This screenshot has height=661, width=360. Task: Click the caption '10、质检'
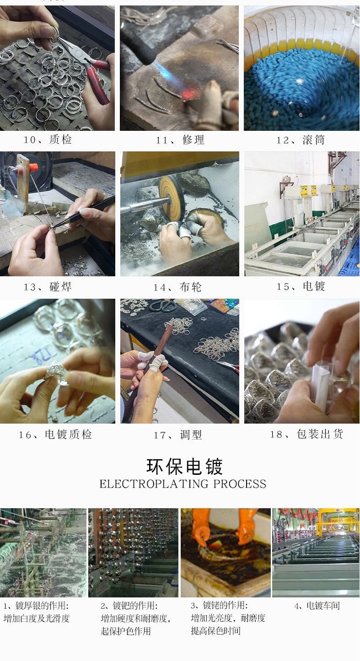48,140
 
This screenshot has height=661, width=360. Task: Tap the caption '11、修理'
180,140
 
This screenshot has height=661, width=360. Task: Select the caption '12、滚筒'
301,140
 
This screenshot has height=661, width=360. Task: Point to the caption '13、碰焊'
48,287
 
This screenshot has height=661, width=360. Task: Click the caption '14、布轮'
177,287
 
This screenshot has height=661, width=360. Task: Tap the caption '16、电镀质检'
55,434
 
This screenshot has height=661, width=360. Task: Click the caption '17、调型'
177,435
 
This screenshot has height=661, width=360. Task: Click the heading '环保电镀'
184,467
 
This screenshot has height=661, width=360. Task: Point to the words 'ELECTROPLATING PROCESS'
183,484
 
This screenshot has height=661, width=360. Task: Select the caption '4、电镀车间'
317,606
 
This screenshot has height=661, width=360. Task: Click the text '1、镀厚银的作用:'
36,606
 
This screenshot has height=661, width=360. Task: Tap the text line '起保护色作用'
125,631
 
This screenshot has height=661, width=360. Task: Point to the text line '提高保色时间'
215,631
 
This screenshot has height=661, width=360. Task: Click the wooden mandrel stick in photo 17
157,352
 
